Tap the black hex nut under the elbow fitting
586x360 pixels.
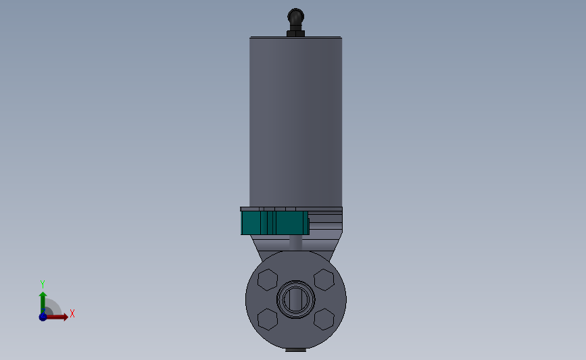(x=295, y=34)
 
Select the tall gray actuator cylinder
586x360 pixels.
(x=295, y=122)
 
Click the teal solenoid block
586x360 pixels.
(x=274, y=223)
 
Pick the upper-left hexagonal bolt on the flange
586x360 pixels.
(x=268, y=280)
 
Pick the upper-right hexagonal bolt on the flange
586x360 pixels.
(x=324, y=280)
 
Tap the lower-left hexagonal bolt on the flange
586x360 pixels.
(x=268, y=319)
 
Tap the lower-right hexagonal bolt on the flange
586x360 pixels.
(x=324, y=319)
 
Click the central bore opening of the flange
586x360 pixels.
(x=295, y=299)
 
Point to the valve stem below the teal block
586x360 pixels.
(x=295, y=242)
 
